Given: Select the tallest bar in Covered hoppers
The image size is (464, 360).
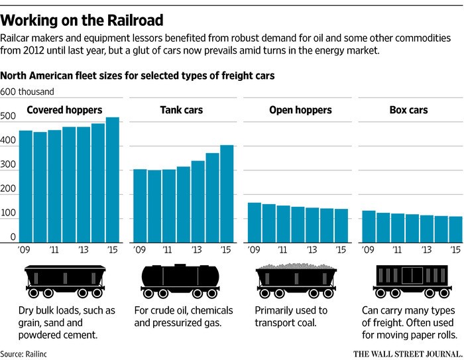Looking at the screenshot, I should pos(113,179).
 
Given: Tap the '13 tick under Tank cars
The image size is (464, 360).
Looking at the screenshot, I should pos(197,251).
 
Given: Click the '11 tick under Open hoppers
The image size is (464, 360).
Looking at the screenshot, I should pos(283,251).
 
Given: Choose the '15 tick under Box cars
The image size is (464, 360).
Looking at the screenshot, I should pos(455,251).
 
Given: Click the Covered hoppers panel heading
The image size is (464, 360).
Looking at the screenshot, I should pos(64,110).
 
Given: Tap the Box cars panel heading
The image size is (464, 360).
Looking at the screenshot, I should pos(408,110).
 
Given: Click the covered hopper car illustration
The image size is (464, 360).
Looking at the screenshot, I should pos(64,281).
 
